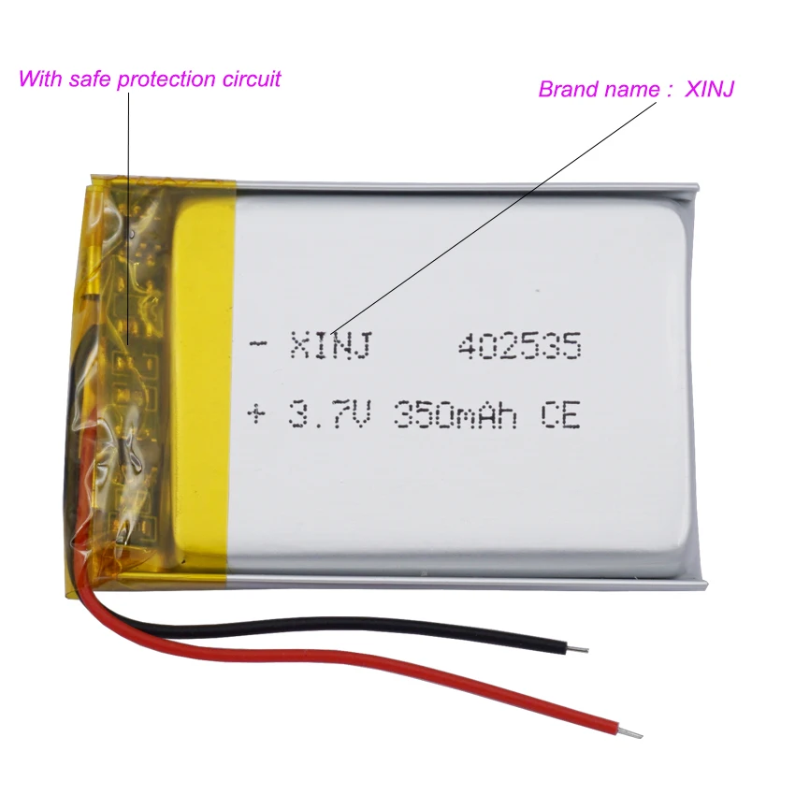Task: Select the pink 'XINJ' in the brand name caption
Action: coord(709,89)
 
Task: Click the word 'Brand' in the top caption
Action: coord(568,89)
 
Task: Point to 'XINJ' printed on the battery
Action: coord(331,345)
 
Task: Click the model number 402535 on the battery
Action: coord(519,346)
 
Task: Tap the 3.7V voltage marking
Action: coord(330,413)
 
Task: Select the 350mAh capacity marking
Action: coord(455,413)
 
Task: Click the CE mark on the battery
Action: coord(559,413)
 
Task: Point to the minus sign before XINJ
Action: coord(258,345)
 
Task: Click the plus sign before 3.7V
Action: coord(256,414)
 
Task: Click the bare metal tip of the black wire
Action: coord(577,649)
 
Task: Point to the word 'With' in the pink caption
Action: coord(40,79)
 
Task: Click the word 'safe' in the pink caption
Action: coord(89,79)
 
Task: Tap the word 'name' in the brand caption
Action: coord(630,90)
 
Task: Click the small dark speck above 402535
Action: coord(538,291)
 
